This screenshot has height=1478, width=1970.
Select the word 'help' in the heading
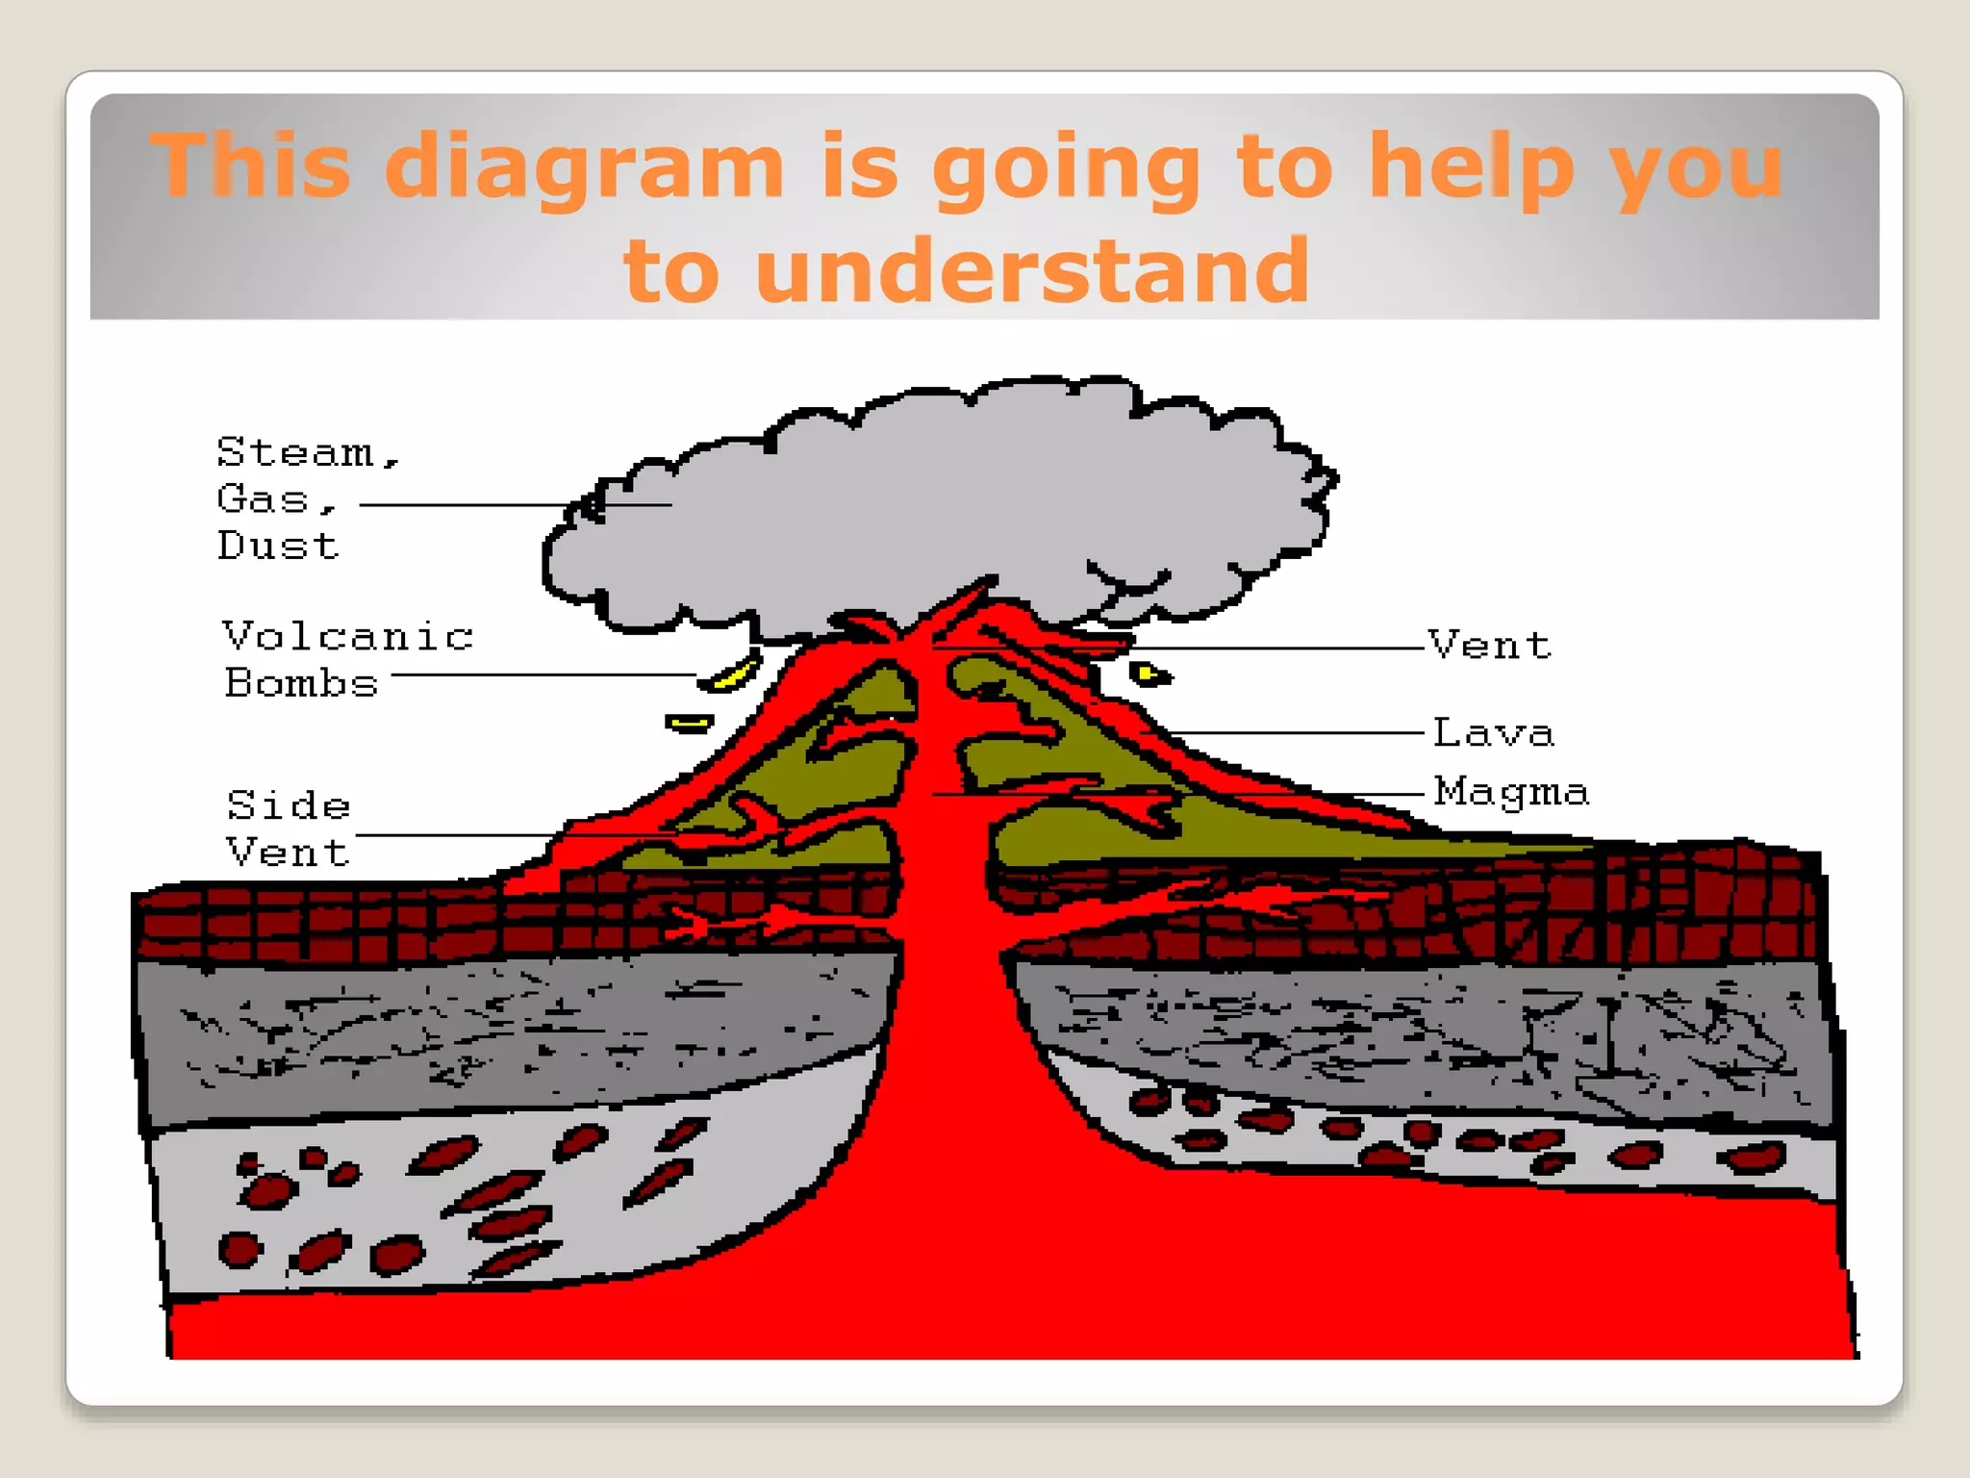tap(1472, 167)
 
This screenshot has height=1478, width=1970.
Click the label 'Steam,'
tap(307, 452)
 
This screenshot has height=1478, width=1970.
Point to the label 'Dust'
tap(278, 546)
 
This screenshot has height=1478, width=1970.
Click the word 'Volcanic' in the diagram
tap(348, 637)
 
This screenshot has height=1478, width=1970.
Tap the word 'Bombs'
tap(301, 683)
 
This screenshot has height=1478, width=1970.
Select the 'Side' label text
tap(289, 805)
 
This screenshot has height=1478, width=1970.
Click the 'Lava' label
tap(1493, 733)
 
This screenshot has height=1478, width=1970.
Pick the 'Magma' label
tap(1511, 792)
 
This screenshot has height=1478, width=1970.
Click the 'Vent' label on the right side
tap(1490, 645)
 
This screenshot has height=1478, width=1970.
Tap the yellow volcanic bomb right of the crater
tap(1148, 674)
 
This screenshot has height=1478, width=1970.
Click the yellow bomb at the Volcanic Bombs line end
tap(731, 675)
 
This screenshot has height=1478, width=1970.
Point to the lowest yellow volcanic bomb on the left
tap(689, 723)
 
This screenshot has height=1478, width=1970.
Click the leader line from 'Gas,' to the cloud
tap(462, 504)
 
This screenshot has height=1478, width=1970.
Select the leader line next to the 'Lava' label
tap(1299, 733)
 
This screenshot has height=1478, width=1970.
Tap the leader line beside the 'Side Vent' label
tap(452, 835)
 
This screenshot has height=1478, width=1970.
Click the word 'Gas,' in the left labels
tap(275, 499)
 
